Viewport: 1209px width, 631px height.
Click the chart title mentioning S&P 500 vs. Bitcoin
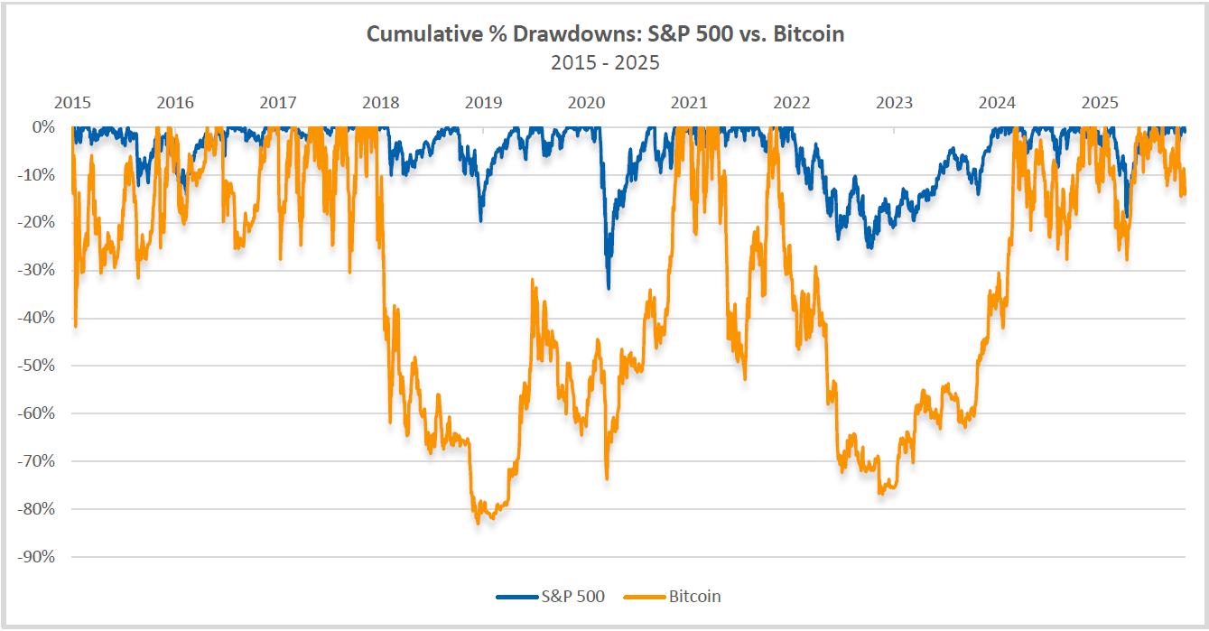tap(604, 34)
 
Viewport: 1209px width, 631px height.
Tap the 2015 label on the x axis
tap(72, 102)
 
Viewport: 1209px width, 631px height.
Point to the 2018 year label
tap(381, 102)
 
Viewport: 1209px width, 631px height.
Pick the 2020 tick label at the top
tap(586, 102)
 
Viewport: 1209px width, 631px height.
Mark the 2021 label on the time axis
tap(689, 102)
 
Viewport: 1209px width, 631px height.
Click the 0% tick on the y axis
tap(42, 127)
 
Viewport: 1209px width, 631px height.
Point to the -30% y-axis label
tap(35, 270)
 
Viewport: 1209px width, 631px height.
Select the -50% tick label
tap(35, 366)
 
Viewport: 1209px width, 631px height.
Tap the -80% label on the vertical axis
tap(35, 509)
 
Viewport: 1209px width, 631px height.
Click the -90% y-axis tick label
tap(35, 557)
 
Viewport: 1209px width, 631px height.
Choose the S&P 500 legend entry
tap(550, 596)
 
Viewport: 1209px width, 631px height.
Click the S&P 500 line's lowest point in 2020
tap(609, 288)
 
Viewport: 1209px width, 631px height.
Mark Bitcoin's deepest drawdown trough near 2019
tap(478, 523)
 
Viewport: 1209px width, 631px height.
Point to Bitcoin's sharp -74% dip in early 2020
tap(606, 478)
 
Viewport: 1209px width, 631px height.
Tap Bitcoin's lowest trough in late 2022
tap(881, 494)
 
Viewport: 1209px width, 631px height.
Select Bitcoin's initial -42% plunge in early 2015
tap(76, 326)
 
